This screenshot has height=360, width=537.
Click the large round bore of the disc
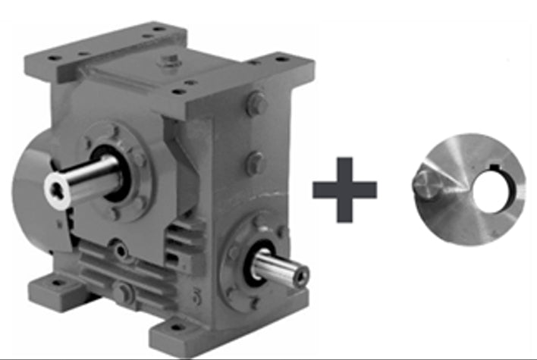(492, 189)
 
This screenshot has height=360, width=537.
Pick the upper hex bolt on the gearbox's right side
(256, 104)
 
